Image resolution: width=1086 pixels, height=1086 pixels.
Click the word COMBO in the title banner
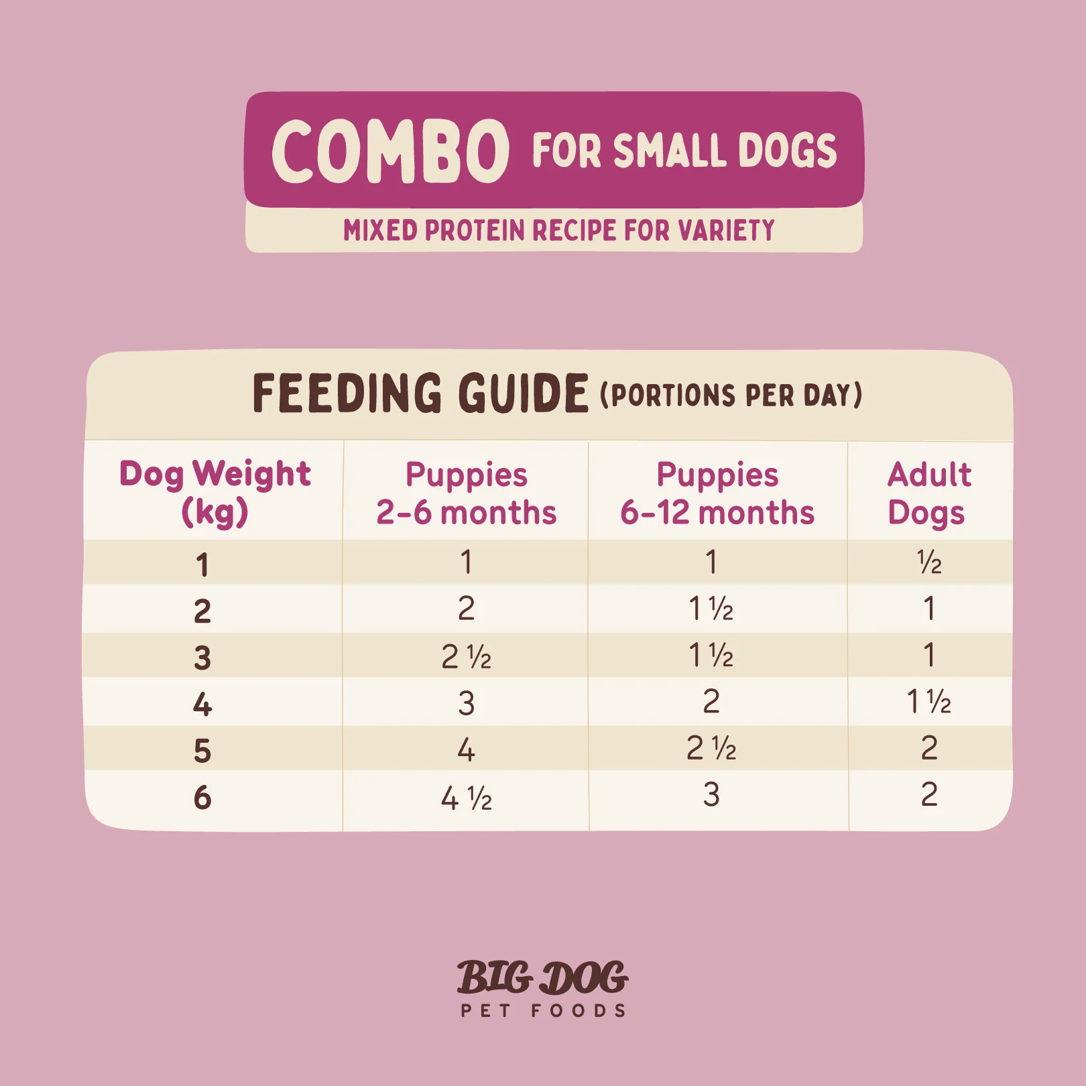390,152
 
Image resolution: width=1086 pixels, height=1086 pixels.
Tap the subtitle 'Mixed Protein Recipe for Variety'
558,230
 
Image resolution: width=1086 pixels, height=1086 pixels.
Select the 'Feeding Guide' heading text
420,394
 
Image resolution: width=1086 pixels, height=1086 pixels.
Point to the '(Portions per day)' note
731,395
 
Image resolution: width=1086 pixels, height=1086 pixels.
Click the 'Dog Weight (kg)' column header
215,492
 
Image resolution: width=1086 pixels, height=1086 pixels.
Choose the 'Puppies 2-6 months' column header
467,493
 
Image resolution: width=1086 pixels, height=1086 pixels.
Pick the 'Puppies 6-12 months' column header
717,493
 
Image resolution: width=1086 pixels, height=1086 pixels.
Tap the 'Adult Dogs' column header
929,493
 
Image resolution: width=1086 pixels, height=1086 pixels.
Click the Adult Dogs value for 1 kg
929,562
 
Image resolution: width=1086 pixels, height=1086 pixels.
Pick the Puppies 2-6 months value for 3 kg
467,656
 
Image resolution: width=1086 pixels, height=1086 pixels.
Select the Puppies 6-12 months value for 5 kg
711,748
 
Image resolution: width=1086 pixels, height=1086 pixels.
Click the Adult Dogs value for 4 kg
929,702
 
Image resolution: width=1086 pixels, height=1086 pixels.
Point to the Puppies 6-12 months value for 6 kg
711,794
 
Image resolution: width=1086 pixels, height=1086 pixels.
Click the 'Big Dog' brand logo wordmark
542,978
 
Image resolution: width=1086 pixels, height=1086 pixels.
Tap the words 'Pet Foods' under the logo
543,1011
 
